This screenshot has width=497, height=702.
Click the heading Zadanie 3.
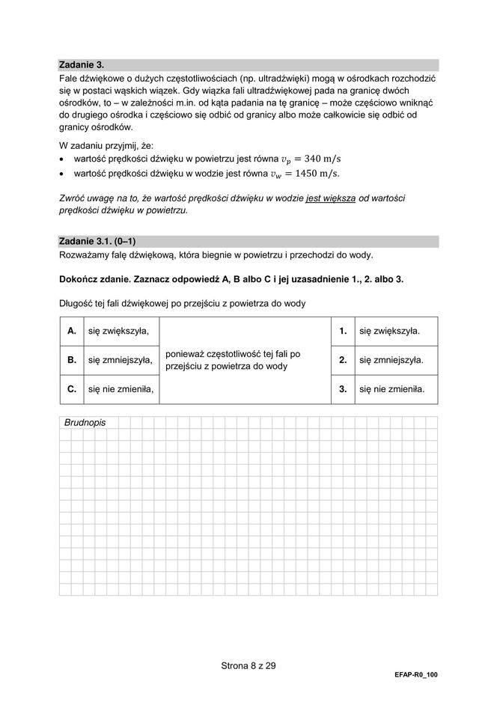[82, 65]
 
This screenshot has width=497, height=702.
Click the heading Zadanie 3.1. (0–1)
[97, 241]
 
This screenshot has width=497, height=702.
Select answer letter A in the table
[72, 331]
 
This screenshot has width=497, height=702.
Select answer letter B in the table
[72, 360]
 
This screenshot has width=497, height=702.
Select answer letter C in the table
[72, 389]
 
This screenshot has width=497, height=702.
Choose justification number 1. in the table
[343, 331]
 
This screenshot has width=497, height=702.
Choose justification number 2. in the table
[343, 360]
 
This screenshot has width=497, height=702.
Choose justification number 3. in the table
[343, 389]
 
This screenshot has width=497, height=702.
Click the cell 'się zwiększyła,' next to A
[118, 331]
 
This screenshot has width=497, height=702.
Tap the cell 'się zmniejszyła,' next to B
[121, 360]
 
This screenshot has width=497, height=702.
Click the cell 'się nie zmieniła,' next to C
[121, 389]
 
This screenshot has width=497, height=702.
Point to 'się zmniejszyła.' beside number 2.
[391, 360]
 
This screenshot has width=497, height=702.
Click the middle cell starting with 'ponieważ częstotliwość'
[233, 360]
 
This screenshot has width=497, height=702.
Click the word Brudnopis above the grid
[85, 423]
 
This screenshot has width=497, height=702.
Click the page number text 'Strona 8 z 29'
[248, 665]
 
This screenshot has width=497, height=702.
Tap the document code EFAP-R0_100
[415, 675]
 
